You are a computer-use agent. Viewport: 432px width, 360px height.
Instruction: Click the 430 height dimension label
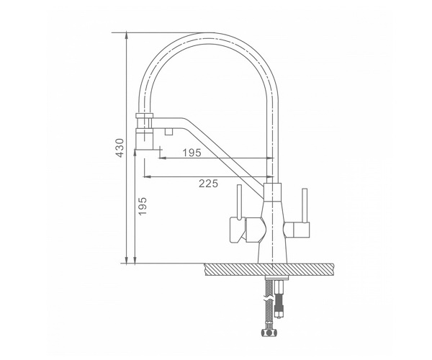pos(120,148)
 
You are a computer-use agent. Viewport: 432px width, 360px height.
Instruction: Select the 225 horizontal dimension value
pos(208,184)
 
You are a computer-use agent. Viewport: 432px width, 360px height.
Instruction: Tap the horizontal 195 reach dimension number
pos(192,153)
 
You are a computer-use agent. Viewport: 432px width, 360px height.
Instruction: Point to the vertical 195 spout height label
pos(143,207)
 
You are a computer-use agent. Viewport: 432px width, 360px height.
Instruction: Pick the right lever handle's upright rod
pos(305,205)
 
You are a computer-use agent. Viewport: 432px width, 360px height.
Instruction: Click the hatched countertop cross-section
pos(270,269)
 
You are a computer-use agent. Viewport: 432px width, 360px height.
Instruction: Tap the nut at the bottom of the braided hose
pos(269,333)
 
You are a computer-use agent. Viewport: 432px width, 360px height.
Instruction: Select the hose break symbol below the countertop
pos(269,299)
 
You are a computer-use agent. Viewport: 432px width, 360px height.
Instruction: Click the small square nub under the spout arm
pos(168,132)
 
